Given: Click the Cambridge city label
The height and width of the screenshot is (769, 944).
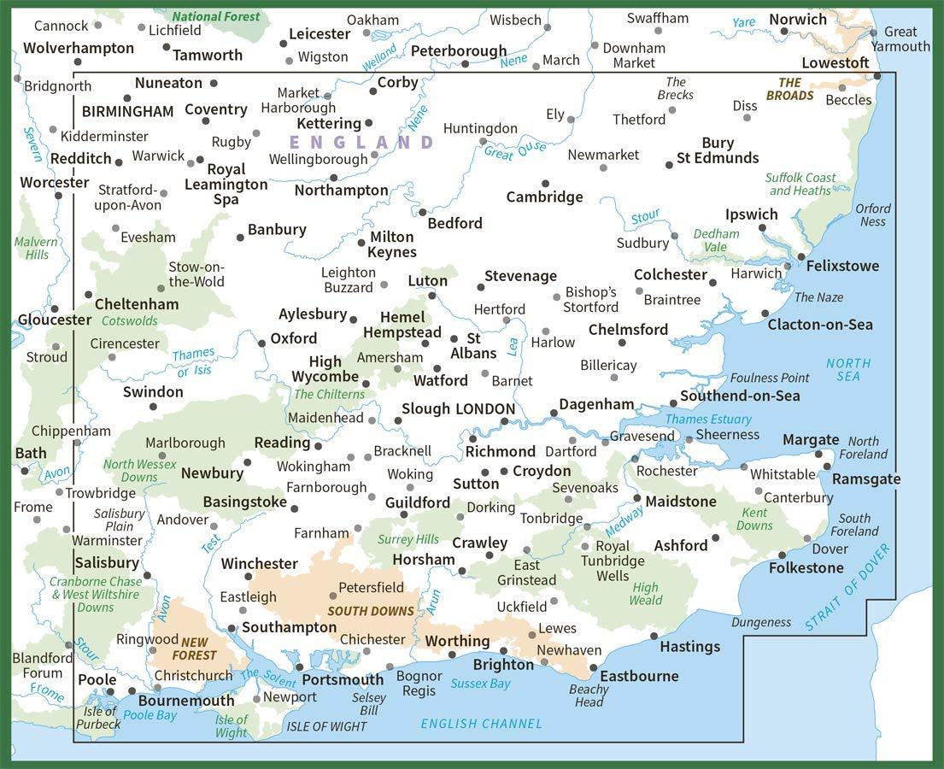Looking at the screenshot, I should point(544,197).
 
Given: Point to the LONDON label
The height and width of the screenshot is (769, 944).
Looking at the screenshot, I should point(485,409).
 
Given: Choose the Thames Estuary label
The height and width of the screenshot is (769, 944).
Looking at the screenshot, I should point(708,419).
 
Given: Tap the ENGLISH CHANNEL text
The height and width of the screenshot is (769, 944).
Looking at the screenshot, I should point(481,724).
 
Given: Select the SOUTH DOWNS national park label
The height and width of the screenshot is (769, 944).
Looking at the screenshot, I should point(371,611).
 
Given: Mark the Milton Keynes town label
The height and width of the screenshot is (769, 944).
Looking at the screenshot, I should point(392,244).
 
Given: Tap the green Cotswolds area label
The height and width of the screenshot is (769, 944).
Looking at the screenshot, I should point(130,321).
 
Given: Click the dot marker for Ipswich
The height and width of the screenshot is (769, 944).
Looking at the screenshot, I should point(762,228).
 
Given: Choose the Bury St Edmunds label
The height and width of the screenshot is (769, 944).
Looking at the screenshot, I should point(718,150).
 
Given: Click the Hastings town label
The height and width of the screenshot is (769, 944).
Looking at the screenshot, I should point(689,647).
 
